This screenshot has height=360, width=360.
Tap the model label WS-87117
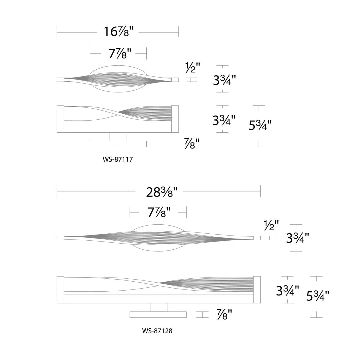[118, 159]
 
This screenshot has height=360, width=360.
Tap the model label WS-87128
[157, 331]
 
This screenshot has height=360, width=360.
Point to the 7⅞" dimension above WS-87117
[120, 54]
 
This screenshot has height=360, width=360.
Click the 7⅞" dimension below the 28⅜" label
[159, 212]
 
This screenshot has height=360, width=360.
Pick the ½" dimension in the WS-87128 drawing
[272, 226]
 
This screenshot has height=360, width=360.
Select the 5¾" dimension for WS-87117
[260, 125]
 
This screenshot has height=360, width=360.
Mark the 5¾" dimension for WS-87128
[318, 296]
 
